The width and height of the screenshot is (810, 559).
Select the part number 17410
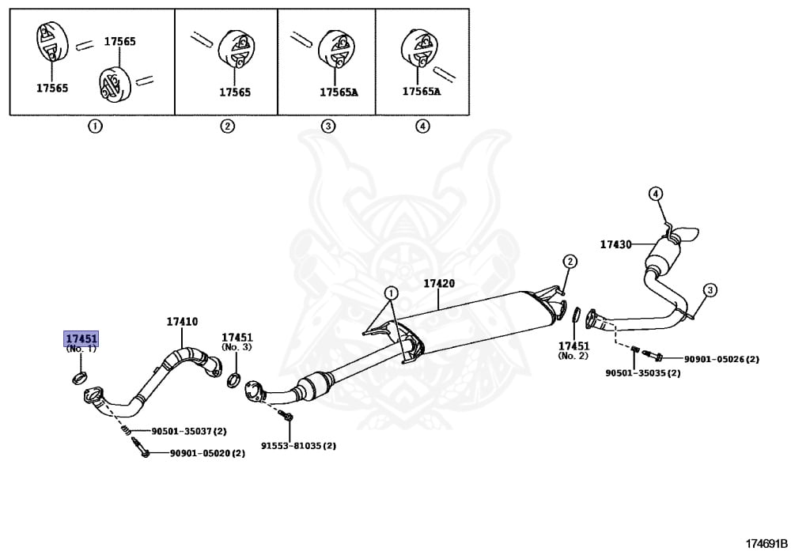coord(182,322)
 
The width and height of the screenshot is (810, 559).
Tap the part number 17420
coord(439,283)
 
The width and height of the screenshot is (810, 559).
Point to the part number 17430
coord(615,244)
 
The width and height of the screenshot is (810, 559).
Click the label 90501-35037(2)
coord(188,431)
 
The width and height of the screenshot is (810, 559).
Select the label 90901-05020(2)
coord(207,453)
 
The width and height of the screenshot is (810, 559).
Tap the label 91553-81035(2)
coord(298,445)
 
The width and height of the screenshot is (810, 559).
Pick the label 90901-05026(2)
coord(721,359)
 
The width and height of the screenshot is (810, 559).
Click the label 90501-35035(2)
coord(642,372)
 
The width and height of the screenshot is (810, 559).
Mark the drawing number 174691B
coord(766,543)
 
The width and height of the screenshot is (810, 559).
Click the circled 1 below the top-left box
coord(94,127)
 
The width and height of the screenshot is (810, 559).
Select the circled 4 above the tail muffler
coord(655,194)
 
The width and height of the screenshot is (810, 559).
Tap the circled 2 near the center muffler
coord(570,262)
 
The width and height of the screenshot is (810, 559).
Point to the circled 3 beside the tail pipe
coord(710,290)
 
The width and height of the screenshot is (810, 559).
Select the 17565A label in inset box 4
coord(421,92)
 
